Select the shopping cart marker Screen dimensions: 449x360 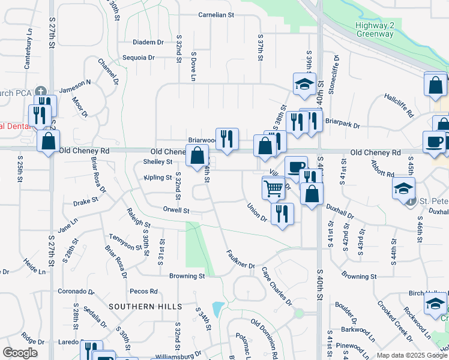pyautogui.click(x=273, y=188)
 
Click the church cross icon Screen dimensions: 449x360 pyautogui.click(x=40, y=91)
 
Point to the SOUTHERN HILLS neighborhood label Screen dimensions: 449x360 pyautogui.click(x=145, y=307)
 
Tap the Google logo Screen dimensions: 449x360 pyautogui.click(x=20, y=353)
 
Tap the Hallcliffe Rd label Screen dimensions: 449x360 pyautogui.click(x=399, y=104)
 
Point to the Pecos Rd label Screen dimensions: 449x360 pyautogui.click(x=143, y=291)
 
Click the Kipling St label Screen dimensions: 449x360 pyautogui.click(x=158, y=178)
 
